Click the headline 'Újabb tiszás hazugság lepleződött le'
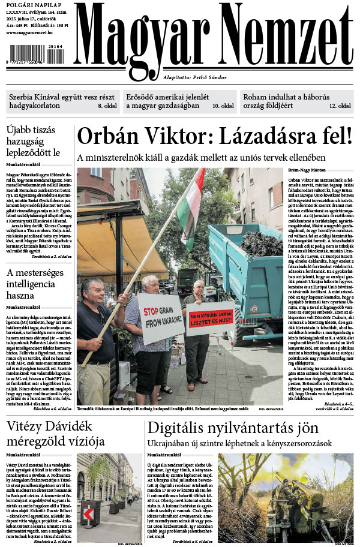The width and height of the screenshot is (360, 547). point(34,142)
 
